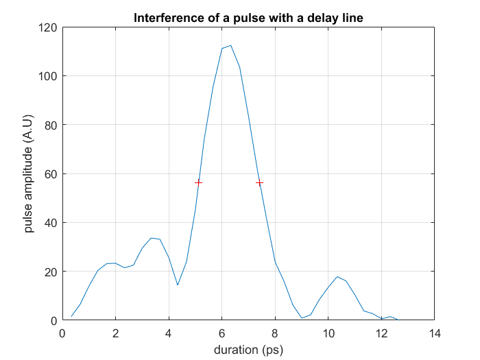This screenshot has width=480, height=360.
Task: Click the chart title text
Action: pos(248,17)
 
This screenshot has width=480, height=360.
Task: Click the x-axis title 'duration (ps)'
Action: pos(248,350)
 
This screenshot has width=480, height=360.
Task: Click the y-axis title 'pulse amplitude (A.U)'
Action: pos(29,174)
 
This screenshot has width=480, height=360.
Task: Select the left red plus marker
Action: pos(198,182)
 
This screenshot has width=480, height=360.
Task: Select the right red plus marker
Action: pos(259,182)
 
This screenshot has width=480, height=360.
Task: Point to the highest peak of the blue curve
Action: pos(230,45)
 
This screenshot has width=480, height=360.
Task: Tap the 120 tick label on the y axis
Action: pos(47,27)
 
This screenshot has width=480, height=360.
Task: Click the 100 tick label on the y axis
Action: pos(47,76)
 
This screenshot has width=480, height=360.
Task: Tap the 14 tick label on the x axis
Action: pos(434,334)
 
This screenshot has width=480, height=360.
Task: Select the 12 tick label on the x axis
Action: pos(381,334)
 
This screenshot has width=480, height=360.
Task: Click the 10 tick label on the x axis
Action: pos(328,334)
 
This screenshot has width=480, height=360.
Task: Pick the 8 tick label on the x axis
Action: pos(275,334)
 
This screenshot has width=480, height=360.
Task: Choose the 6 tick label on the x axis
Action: pos(221,334)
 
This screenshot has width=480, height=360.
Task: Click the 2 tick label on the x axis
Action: pos(115,334)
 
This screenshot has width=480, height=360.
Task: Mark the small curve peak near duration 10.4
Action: pos(337,276)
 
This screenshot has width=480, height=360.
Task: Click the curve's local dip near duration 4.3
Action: pos(178,285)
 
